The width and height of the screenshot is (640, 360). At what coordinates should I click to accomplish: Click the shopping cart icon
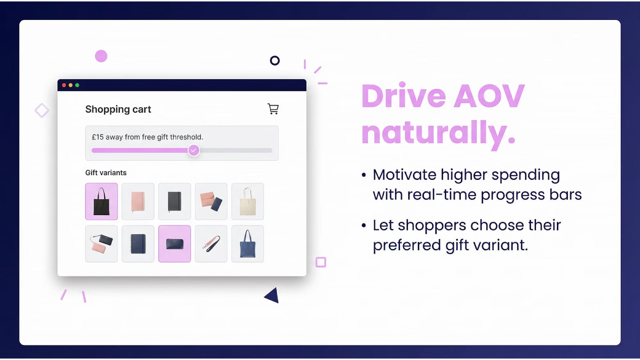pyautogui.click(x=273, y=109)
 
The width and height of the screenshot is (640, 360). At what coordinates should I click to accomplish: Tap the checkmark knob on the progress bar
pyautogui.click(x=194, y=150)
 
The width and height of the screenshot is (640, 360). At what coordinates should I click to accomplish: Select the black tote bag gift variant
pyautogui.click(x=102, y=202)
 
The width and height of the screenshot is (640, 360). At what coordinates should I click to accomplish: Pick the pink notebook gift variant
pyautogui.click(x=138, y=202)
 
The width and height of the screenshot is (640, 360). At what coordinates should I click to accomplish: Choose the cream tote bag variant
pyautogui.click(x=248, y=202)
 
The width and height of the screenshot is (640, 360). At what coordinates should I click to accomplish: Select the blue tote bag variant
pyautogui.click(x=248, y=244)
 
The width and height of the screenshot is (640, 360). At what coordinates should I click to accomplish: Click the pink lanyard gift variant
pyautogui.click(x=211, y=244)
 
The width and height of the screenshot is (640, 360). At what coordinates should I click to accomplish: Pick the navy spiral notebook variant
pyautogui.click(x=138, y=244)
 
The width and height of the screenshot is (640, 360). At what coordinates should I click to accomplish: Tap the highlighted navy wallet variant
pyautogui.click(x=175, y=244)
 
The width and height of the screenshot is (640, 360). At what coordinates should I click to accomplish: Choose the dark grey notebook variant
pyautogui.click(x=175, y=202)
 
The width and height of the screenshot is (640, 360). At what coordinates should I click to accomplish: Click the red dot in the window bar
pyautogui.click(x=64, y=85)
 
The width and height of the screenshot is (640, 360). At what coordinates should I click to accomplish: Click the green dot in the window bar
pyautogui.click(x=77, y=85)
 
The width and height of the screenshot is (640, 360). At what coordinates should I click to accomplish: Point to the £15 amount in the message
pyautogui.click(x=98, y=137)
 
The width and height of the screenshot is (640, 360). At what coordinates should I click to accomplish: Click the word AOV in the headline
pyautogui.click(x=489, y=96)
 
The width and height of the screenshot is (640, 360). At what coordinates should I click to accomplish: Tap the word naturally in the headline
pyautogui.click(x=438, y=132)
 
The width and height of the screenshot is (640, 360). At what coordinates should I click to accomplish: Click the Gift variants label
pyautogui.click(x=106, y=173)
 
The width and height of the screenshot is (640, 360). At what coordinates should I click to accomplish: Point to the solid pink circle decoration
pyautogui.click(x=101, y=56)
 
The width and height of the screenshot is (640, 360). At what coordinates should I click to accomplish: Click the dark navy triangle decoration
pyautogui.click(x=273, y=296)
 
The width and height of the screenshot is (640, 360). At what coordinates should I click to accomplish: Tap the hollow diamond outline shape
pyautogui.click(x=42, y=110)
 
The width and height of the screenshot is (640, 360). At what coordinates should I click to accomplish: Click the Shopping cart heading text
pyautogui.click(x=118, y=109)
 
